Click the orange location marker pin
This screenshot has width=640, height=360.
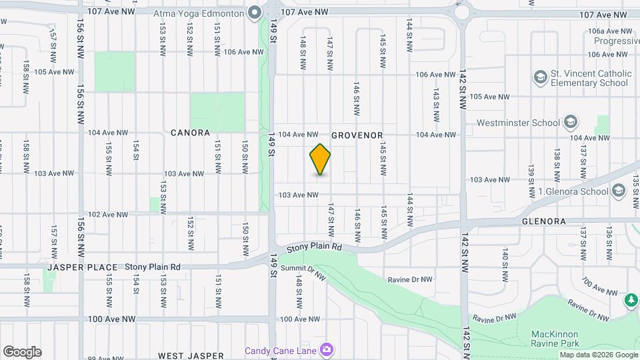tap(321, 159)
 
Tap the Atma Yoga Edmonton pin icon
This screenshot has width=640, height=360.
tap(255, 13)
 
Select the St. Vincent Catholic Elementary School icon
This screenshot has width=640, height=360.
tap(539, 78)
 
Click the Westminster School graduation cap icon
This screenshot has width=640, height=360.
tap(570, 123)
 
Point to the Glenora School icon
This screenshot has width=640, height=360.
tap(618, 192)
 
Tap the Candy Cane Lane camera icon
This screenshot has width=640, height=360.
tap(327, 350)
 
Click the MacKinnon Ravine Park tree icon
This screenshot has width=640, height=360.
tap(631, 301)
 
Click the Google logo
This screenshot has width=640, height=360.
tap(22, 352)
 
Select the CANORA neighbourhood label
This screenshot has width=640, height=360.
tap(190, 133)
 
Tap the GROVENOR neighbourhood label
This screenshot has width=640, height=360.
tap(357, 135)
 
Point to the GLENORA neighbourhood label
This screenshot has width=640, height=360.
tap(543, 221)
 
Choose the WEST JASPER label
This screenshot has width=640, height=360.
tap(191, 356)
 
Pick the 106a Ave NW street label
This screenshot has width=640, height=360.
tap(609, 31)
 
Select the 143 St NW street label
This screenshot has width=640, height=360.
tap(435, 104)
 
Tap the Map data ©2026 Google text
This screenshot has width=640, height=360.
tap(598, 355)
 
